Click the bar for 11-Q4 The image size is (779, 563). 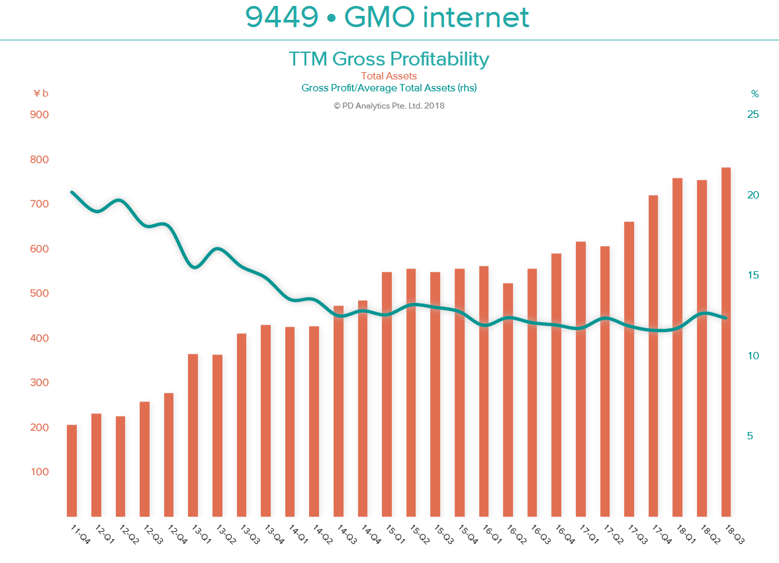click(72, 470)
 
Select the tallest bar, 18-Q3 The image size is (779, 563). click(726, 342)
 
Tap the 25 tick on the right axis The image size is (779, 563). click(753, 114)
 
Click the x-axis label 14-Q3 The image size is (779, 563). click(345, 534)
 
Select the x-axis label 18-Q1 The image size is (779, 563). click(685, 534)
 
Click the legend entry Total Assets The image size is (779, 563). click(389, 76)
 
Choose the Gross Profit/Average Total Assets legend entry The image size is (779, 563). click(389, 87)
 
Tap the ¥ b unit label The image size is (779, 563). click(40, 93)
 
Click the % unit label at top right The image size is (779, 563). click(755, 93)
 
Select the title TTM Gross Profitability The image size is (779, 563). click(389, 59)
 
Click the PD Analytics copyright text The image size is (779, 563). click(389, 105)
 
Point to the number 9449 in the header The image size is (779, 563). click(282, 17)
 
